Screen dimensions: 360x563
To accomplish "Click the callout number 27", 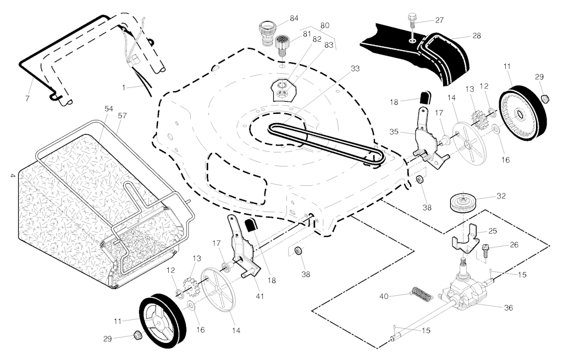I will click(x=439, y=20).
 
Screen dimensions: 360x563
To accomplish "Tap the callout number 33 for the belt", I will click(x=355, y=69).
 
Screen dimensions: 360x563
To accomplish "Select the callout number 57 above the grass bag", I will click(x=122, y=116).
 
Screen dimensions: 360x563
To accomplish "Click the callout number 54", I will click(x=109, y=109).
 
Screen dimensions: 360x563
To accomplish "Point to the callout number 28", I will click(x=476, y=35).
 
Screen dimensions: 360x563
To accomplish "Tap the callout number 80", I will click(x=324, y=25).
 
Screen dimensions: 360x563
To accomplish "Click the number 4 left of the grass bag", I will click(x=12, y=175).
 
